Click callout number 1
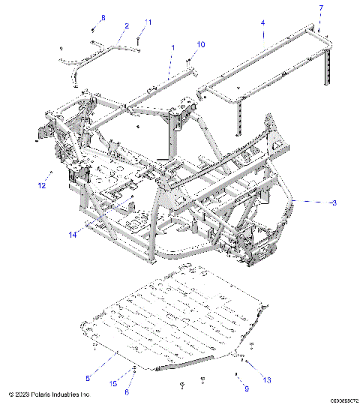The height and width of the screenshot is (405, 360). click(173, 47)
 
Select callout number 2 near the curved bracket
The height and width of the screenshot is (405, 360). click(127, 26)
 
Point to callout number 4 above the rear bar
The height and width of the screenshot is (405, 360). click(262, 23)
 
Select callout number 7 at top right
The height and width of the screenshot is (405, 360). click(321, 7)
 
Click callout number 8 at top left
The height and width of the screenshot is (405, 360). click(103, 17)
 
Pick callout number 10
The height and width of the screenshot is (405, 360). click(200, 45)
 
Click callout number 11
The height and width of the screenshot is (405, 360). click(148, 22)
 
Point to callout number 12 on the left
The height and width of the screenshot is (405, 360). click(42, 184)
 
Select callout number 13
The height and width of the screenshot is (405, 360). click(265, 380)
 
